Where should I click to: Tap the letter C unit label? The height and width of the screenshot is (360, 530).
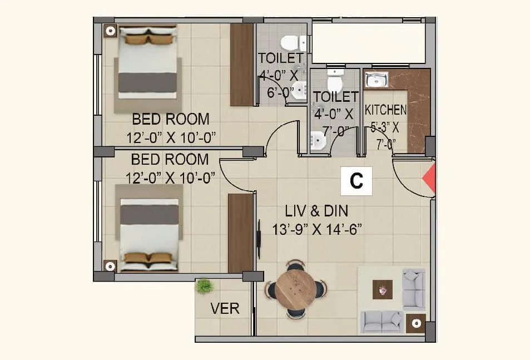(x=356, y=181)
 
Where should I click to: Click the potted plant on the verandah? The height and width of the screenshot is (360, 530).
(x=204, y=285)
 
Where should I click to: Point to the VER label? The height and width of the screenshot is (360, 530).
(x=225, y=308)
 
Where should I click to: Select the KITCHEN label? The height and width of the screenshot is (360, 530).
(x=385, y=110)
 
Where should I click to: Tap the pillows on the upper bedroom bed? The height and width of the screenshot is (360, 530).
(x=147, y=39)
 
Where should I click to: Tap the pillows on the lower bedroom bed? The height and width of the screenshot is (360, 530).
(x=147, y=257)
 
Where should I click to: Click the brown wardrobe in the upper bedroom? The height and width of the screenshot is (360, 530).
(x=241, y=65)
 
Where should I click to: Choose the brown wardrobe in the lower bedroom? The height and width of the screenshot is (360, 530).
(x=241, y=233)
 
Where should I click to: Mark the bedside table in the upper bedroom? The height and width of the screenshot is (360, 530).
(x=110, y=31)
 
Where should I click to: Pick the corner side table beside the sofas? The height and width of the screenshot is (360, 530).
(x=415, y=323)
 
